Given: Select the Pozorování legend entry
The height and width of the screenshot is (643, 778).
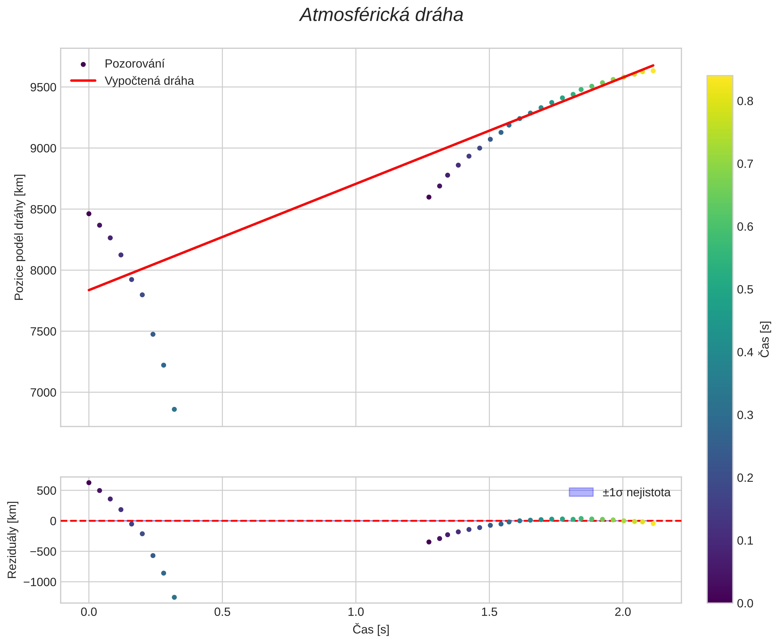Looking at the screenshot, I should point(134,64).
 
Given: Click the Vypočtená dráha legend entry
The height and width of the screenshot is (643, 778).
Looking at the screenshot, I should point(149,81).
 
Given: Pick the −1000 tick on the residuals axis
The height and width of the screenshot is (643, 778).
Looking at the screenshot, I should point(40,582).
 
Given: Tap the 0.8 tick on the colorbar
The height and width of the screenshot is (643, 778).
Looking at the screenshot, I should point(745,101).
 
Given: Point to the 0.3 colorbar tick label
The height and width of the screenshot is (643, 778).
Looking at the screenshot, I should point(745,415).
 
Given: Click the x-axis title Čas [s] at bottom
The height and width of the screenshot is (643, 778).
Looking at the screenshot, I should point(371,629).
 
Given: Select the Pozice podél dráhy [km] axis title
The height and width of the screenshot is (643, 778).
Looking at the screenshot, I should point(19,237).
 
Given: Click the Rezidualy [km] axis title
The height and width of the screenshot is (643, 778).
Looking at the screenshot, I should point(12,540).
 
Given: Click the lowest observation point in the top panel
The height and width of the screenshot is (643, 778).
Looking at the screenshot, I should point(174,409).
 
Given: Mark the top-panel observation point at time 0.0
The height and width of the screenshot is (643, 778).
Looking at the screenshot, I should point(89,214).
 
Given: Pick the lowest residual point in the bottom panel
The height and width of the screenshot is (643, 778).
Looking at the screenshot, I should point(174,597).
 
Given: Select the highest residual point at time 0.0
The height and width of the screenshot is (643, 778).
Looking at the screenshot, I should point(89,483).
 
